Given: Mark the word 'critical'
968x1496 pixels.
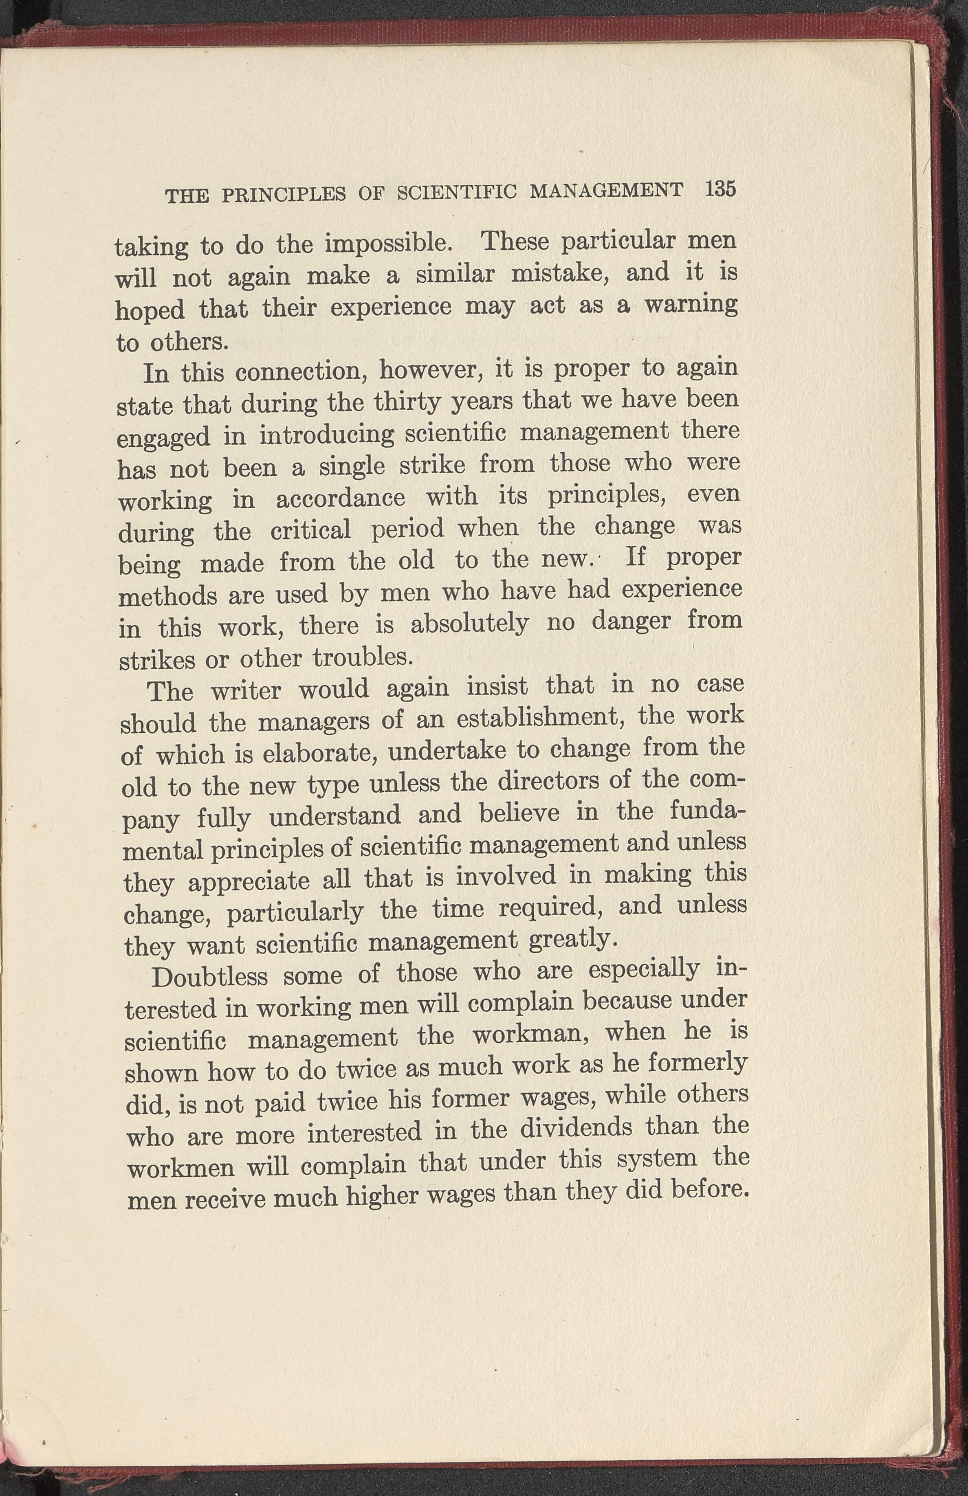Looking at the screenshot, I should coord(310,531).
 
